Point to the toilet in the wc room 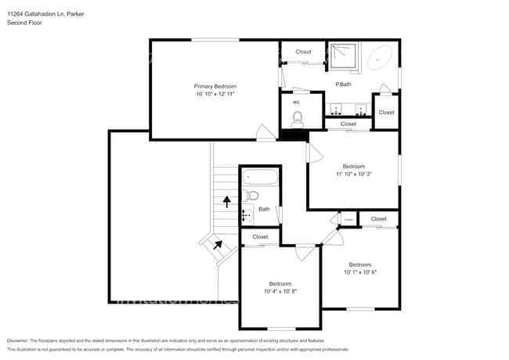298,119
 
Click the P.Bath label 342,85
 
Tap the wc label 296,102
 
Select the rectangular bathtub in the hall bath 259,176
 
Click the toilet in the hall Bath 250,195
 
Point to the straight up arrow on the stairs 226,202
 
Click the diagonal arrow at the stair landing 218,245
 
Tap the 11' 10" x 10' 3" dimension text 353,174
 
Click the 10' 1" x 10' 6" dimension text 359,272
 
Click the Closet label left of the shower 303,52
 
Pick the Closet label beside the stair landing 260,236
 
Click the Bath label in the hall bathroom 264,209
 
